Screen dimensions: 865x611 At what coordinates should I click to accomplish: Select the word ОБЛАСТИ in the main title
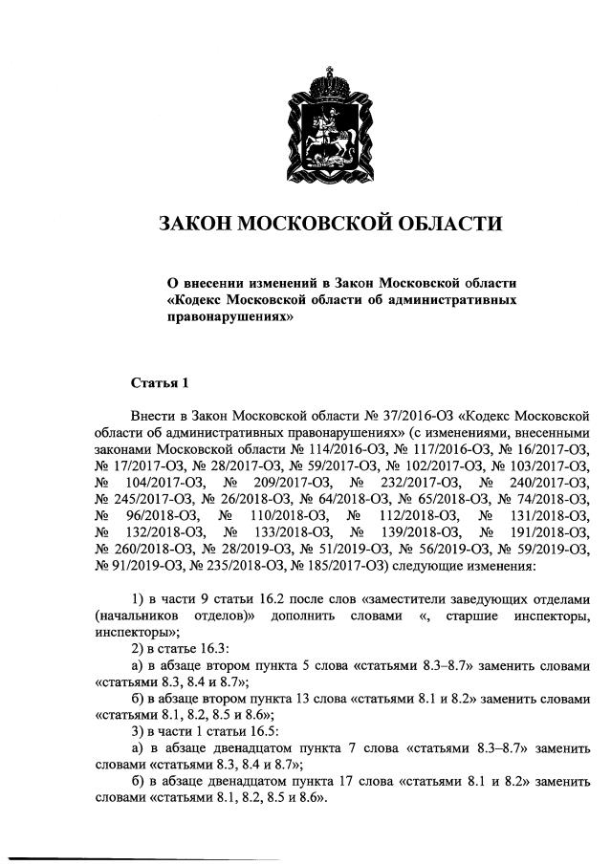447,224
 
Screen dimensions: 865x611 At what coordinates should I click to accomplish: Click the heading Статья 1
160,383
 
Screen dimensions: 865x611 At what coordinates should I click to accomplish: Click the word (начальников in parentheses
140,616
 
